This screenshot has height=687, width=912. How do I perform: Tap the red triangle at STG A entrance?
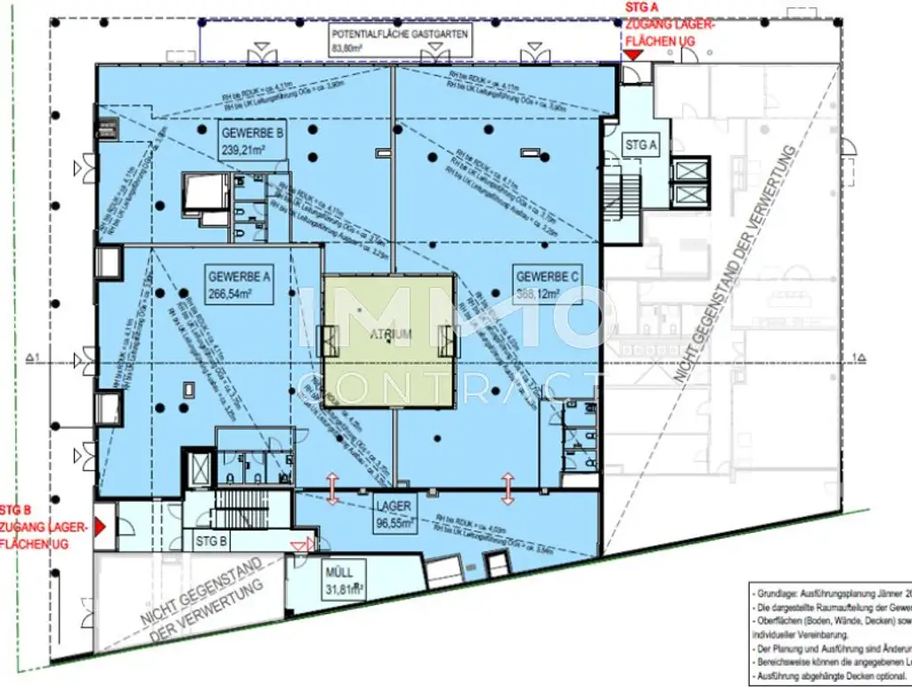coord(632,56)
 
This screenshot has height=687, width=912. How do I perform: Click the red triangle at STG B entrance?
coord(101,527)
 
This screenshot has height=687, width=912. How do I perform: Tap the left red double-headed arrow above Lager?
coord(332,489)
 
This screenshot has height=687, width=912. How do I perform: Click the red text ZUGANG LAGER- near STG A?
coord(670,25)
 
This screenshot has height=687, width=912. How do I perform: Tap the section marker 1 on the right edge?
coord(859,358)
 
